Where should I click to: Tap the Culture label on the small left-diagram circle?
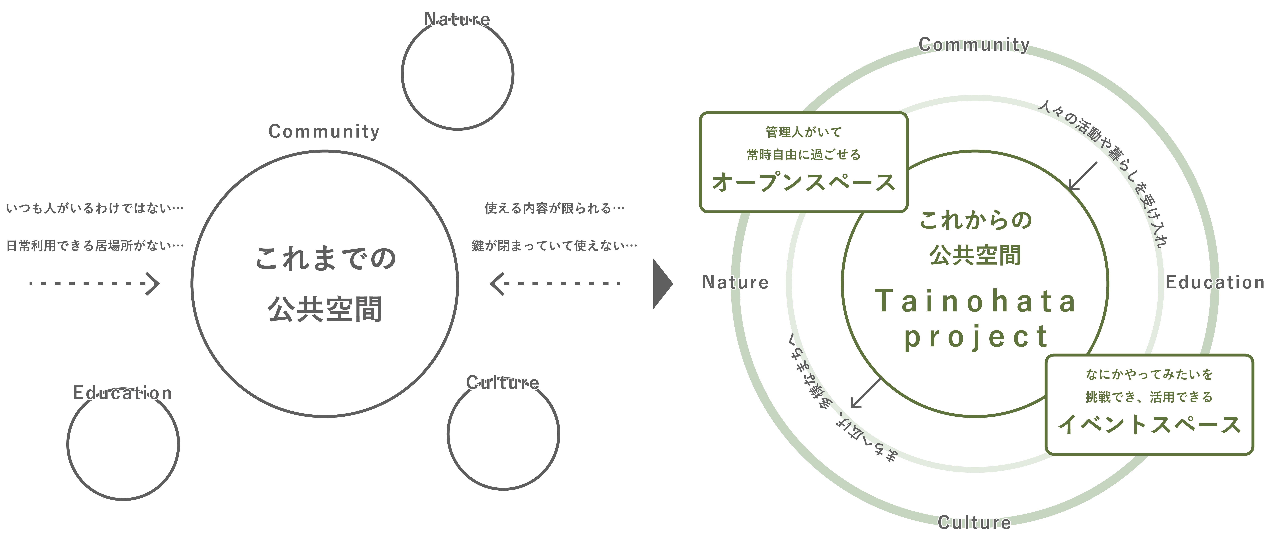502,382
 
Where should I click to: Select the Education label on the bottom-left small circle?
122,393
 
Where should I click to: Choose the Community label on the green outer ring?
974,44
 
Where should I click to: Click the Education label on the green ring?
1215,282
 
